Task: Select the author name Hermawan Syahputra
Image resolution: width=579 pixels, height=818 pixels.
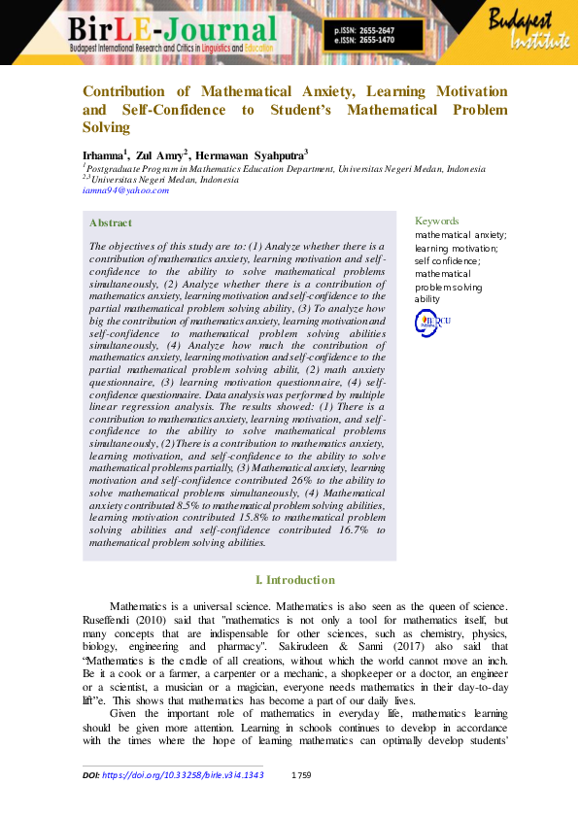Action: coord(250,154)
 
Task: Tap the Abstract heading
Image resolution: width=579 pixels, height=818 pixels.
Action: coord(111,223)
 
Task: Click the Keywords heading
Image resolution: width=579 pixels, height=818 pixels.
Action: coord(436,222)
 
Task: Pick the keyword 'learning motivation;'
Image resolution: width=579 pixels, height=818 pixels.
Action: coord(453,249)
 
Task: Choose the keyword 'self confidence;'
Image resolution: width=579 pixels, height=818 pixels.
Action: coord(446,261)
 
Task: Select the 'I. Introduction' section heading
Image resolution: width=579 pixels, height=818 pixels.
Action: coord(294,579)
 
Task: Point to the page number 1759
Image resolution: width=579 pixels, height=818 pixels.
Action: coord(301,775)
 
